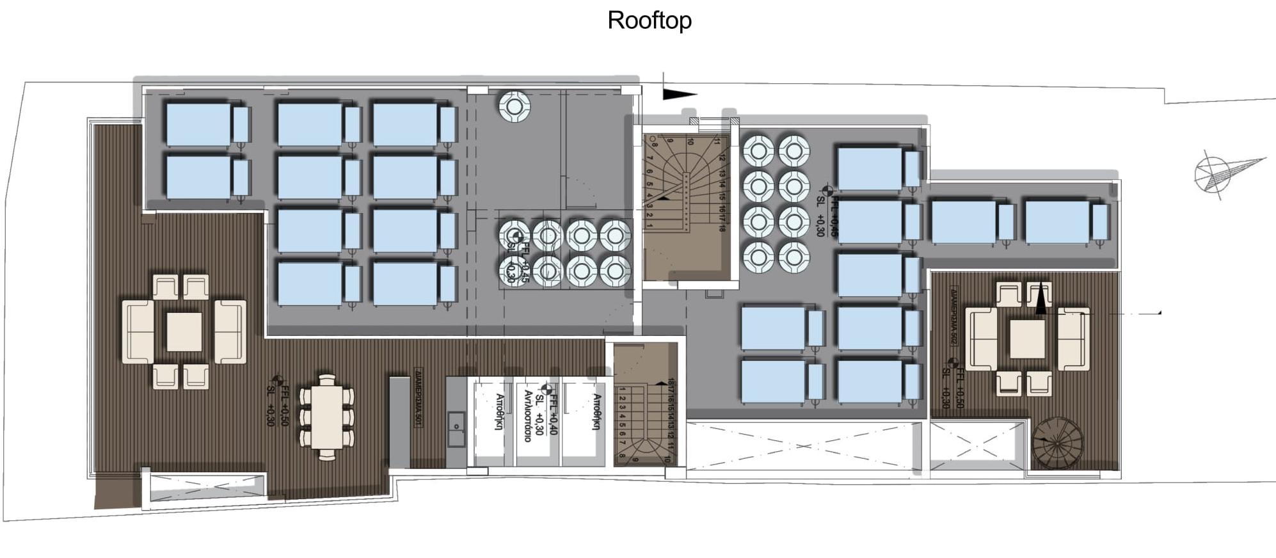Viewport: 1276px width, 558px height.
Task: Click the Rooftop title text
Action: tap(649, 20)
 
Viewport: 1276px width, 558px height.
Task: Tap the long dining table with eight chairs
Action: tap(326, 417)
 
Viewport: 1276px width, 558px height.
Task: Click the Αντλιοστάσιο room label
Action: tap(528, 416)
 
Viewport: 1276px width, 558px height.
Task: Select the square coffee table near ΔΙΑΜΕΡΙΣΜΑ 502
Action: tap(1027, 339)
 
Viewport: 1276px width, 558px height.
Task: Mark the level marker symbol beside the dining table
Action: tap(278, 381)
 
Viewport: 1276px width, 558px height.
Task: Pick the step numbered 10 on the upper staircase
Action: tap(690, 141)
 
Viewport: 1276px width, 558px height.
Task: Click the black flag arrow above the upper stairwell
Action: tap(678, 94)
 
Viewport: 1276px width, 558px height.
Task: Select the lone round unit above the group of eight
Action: tap(514, 107)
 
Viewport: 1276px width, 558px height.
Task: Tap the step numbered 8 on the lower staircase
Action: tap(622, 456)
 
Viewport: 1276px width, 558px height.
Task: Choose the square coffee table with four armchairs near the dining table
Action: tap(184, 331)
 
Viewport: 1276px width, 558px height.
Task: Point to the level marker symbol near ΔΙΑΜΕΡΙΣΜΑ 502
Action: tap(952, 362)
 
